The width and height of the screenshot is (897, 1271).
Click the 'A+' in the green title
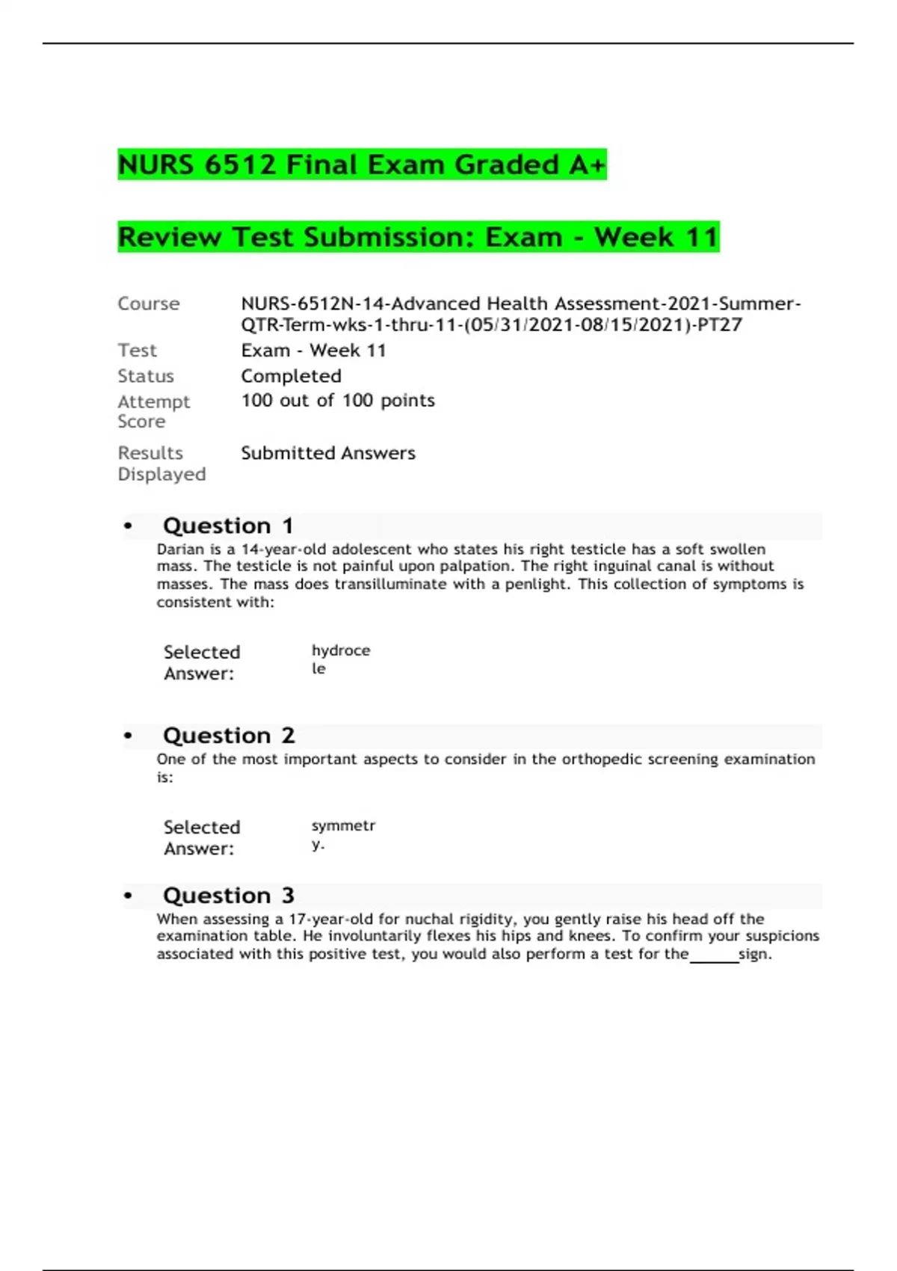(x=586, y=164)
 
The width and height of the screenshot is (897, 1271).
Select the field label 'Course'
(x=148, y=304)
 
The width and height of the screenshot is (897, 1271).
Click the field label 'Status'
(x=145, y=376)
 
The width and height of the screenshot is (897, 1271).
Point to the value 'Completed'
(x=291, y=376)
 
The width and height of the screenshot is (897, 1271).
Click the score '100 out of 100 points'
(x=337, y=401)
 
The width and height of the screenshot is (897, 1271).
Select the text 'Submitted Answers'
(x=327, y=453)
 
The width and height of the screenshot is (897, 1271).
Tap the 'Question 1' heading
(x=227, y=526)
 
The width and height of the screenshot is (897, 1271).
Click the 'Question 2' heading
(x=228, y=736)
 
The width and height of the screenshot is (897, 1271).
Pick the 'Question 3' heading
(x=228, y=896)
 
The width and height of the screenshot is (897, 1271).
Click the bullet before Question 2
(x=128, y=736)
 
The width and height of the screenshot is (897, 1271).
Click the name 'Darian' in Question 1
(x=180, y=550)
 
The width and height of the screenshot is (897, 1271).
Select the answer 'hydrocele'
(x=340, y=659)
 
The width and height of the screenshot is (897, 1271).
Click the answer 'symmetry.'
(x=342, y=834)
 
